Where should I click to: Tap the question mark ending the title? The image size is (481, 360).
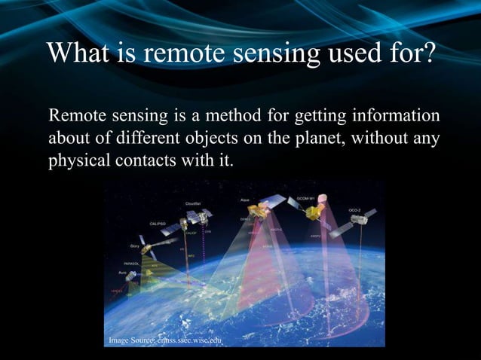(x=427, y=54)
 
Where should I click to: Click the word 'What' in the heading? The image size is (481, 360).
(x=75, y=54)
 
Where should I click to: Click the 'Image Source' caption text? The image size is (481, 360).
(x=165, y=341)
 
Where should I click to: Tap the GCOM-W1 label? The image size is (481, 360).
(x=306, y=197)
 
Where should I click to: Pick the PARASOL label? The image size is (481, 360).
(x=133, y=264)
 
